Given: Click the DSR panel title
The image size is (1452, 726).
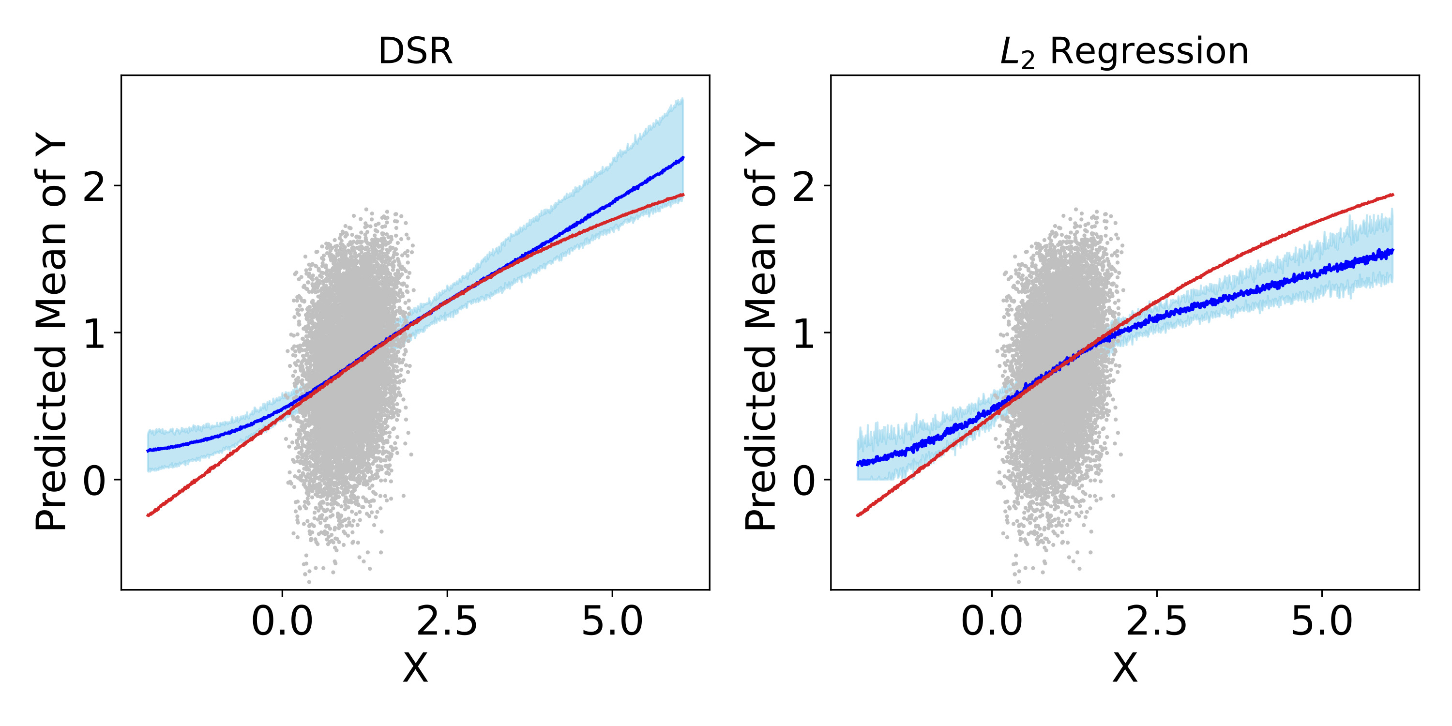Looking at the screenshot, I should coord(415,51).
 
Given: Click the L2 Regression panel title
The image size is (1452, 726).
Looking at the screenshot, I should coord(1124,51).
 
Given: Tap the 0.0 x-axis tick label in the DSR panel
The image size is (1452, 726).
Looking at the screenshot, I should coord(282,622).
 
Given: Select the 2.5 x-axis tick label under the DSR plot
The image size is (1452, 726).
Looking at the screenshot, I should coord(447,622).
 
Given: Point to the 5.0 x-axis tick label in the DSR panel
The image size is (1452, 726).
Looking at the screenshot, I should coord(612,622).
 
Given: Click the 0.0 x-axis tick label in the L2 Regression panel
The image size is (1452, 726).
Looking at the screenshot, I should coord(992,622).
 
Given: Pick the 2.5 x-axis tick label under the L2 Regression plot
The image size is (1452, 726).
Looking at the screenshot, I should coord(1157,622).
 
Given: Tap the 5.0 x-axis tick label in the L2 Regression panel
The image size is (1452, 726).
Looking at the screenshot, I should coord(1322,622).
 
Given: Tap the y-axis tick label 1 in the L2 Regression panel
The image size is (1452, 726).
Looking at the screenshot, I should coord(804,333).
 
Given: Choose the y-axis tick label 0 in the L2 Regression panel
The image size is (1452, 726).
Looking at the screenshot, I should coord(804,480).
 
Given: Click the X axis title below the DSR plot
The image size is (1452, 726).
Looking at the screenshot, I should coord(415,668).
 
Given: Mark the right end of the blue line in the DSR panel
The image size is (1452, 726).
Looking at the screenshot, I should coord(683,158).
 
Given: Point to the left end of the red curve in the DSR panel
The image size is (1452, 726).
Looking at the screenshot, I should coord(148,515).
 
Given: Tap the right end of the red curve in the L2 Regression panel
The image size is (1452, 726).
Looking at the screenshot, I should coord(1393,195).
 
